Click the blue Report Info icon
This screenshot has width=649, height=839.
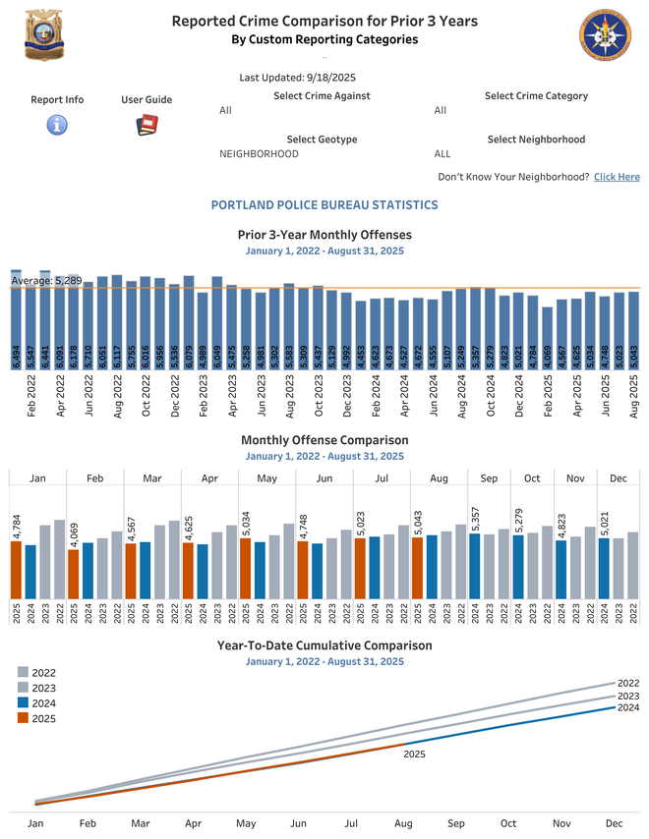coord(57,125)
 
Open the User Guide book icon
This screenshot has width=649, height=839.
coord(147,125)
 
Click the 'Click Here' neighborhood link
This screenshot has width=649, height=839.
coord(617,177)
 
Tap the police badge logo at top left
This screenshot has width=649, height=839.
coord(43,35)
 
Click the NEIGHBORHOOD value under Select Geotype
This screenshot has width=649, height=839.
coord(259,154)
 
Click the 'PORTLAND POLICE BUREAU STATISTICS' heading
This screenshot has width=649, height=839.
coord(324,205)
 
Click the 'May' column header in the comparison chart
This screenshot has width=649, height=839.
coord(267,478)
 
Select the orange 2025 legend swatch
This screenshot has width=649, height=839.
coord(23,719)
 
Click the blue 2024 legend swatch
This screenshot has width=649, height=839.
coord(23,703)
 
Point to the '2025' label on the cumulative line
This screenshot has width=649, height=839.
coord(414,755)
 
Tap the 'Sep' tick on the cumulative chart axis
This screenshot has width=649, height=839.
coord(455,824)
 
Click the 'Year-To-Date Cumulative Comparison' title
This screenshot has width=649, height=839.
coord(324,645)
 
